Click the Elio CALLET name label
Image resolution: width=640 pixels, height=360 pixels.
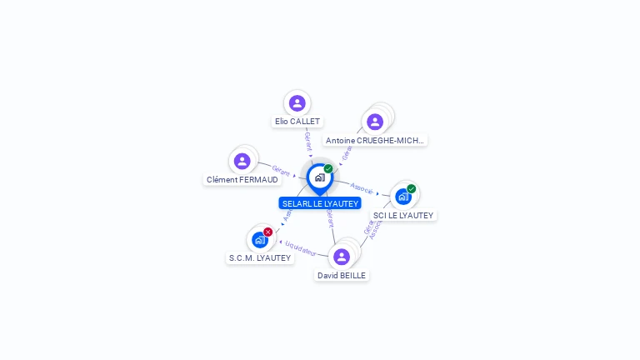click(x=297, y=122)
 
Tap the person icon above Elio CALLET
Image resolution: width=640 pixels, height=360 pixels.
click(x=297, y=103)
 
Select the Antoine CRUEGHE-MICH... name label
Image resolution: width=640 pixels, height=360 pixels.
click(x=375, y=141)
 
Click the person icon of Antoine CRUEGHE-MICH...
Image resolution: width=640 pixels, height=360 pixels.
click(x=375, y=122)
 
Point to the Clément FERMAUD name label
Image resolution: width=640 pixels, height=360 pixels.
click(x=242, y=180)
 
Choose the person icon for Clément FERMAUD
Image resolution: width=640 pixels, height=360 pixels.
click(x=242, y=161)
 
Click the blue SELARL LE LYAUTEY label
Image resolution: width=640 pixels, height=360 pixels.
click(x=320, y=203)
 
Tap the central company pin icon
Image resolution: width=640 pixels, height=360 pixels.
click(x=319, y=177)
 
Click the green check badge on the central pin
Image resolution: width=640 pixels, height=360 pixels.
click(x=328, y=169)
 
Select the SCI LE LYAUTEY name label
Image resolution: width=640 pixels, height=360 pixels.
click(x=403, y=215)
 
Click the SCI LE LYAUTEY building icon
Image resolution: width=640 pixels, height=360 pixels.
click(x=403, y=197)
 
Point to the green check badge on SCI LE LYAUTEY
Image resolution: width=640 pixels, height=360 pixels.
click(x=412, y=189)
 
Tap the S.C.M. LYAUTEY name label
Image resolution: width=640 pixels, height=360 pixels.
click(x=260, y=258)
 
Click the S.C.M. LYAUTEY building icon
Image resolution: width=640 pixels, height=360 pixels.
click(x=259, y=240)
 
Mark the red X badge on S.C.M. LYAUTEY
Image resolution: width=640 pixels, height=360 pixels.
click(x=267, y=232)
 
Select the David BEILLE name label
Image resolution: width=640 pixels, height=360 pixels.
click(x=342, y=275)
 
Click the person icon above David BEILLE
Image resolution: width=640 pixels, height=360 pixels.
click(x=342, y=257)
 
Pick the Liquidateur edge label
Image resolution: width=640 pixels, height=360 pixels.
click(x=301, y=247)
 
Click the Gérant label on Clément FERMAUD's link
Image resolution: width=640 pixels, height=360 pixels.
click(x=281, y=170)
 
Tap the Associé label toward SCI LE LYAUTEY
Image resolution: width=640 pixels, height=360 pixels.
click(x=362, y=188)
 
